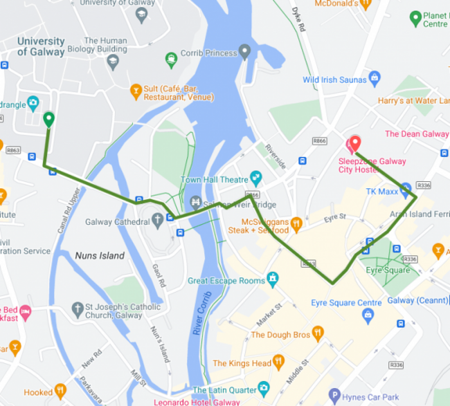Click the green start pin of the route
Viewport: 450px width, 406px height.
48,120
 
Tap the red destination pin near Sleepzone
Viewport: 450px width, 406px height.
354,143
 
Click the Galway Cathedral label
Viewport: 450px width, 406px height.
117,222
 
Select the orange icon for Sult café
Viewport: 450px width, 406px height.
136,89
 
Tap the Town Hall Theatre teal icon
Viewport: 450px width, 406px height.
256,178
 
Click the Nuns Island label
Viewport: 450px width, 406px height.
100,256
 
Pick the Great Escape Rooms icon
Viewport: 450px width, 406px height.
273,279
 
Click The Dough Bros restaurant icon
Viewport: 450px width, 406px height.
318,333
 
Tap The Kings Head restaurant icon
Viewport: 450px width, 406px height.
279,361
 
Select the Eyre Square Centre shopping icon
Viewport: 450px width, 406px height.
368,315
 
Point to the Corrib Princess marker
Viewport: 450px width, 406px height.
244,52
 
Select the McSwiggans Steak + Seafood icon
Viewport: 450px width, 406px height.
296,223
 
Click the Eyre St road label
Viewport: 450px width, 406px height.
334,220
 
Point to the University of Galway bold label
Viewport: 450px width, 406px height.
40,46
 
